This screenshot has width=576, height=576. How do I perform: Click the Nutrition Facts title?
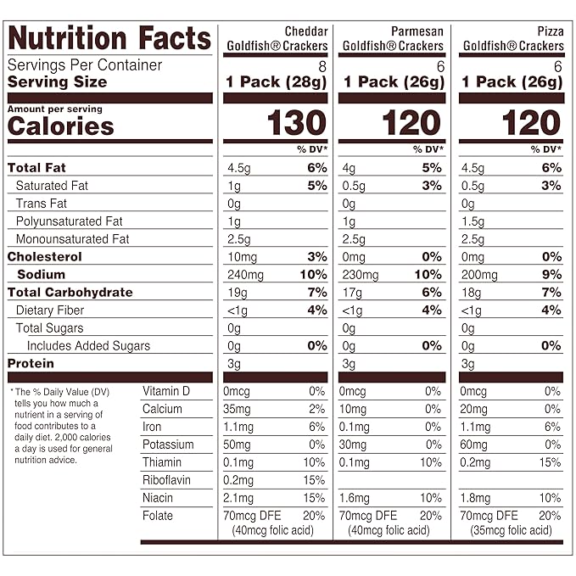click(x=109, y=38)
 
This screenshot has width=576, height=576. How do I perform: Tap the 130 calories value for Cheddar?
click(x=297, y=124)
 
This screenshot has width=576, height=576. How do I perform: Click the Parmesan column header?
click(x=391, y=39)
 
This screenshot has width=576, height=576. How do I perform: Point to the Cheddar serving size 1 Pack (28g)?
click(x=276, y=82)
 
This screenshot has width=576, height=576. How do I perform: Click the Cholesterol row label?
click(x=45, y=256)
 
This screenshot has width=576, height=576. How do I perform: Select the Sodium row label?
click(x=41, y=274)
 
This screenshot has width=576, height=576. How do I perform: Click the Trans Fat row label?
click(x=42, y=204)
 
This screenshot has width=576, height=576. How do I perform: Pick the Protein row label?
click(x=31, y=363)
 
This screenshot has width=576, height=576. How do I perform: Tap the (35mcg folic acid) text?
click(x=509, y=531)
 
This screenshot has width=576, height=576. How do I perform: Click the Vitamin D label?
click(x=166, y=391)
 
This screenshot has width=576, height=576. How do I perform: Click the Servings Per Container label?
click(x=85, y=65)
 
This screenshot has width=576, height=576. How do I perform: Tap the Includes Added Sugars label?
click(x=88, y=345)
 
